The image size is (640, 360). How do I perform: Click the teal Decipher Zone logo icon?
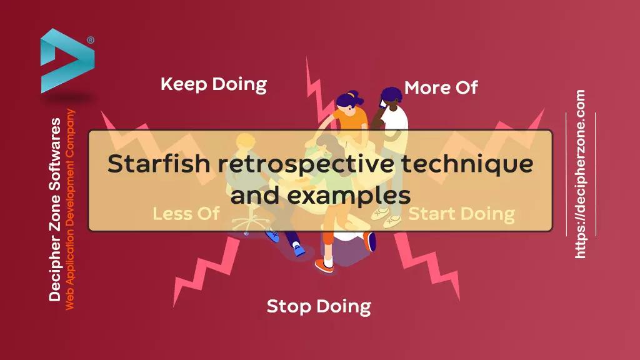click(x=66, y=60)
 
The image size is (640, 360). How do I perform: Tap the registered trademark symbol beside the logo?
click(x=91, y=40)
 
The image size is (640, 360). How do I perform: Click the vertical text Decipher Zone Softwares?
click(x=55, y=209)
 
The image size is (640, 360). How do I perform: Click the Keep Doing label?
click(x=213, y=84)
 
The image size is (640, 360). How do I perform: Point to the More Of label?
click(x=441, y=88)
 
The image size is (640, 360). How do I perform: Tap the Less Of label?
click(x=186, y=214)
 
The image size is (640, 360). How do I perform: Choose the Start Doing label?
click(x=461, y=214)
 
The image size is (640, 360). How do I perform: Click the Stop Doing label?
click(x=319, y=306)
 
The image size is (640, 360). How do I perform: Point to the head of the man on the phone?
click(x=391, y=96)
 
